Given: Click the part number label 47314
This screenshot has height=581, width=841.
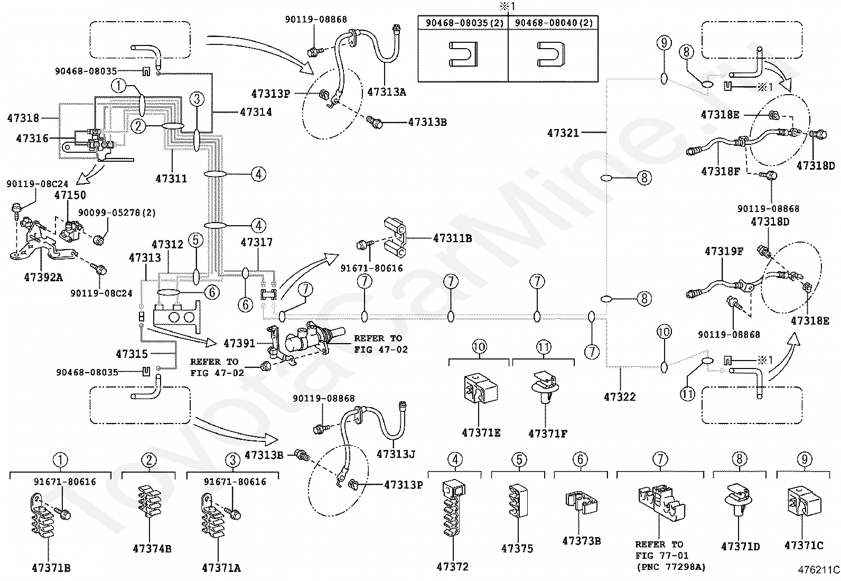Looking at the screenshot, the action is [x=256, y=112].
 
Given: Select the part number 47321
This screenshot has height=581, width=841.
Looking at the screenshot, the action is [x=563, y=133].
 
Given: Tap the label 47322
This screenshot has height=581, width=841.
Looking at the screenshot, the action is [x=620, y=396].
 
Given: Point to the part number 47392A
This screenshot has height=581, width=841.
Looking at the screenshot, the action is [x=43, y=278].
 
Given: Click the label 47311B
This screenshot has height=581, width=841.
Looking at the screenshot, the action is [x=452, y=238].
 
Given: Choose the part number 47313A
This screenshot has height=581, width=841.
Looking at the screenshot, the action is [x=387, y=92].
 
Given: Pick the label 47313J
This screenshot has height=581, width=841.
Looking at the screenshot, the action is [x=396, y=454].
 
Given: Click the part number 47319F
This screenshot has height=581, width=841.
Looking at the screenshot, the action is [x=724, y=251].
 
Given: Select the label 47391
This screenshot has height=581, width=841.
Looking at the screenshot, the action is [x=239, y=343].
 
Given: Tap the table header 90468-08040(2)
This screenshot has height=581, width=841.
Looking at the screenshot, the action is [x=554, y=23].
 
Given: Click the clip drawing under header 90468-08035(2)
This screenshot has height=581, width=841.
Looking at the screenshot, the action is [x=463, y=54].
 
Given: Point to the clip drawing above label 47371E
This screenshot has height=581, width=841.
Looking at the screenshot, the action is [x=481, y=388].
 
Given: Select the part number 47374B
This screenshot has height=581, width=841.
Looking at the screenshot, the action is [x=152, y=549].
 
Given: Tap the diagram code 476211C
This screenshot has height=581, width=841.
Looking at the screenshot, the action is [x=818, y=570].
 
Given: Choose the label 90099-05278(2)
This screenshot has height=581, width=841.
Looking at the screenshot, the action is [x=117, y=213].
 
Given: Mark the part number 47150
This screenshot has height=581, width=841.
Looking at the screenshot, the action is [x=70, y=195].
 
